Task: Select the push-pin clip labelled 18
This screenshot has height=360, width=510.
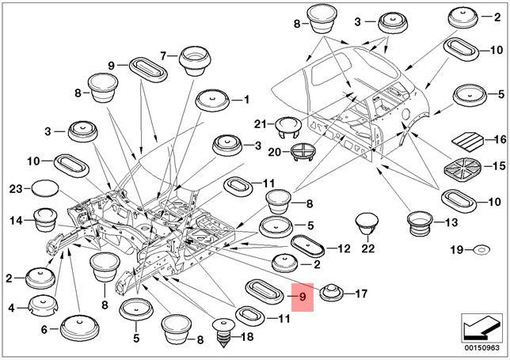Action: [225, 334]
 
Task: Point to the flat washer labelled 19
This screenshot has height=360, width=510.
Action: [480, 251]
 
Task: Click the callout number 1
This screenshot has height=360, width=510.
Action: [245, 100]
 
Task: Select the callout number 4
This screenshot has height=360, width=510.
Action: [10, 307]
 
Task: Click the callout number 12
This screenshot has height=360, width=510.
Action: [343, 248]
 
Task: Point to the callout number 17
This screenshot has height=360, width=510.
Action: [361, 294]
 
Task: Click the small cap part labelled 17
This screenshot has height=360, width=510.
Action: [333, 292]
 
